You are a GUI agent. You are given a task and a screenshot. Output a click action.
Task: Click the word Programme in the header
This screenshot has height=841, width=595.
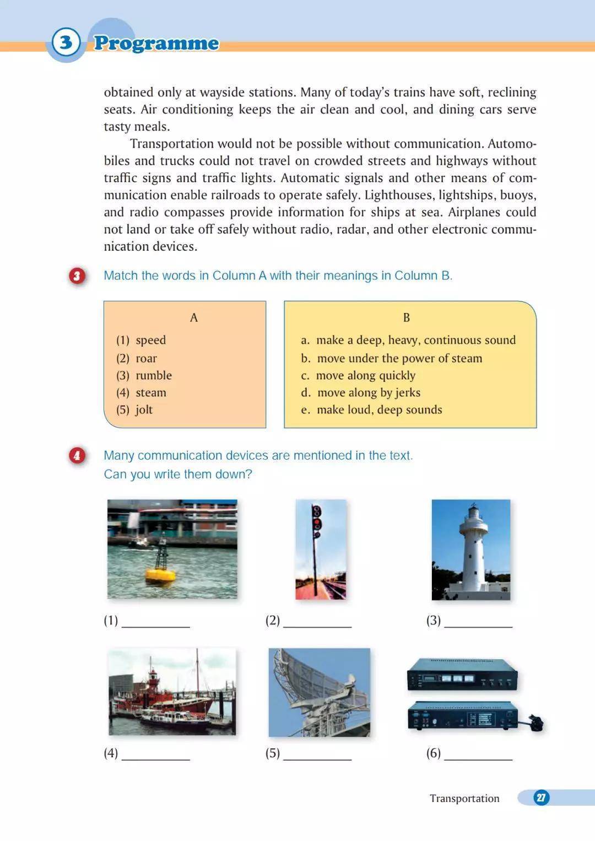click(x=156, y=43)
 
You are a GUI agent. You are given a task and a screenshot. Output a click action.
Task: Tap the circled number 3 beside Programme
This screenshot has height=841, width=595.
click(x=66, y=42)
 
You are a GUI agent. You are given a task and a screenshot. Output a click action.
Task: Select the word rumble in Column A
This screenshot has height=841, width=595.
click(x=154, y=375)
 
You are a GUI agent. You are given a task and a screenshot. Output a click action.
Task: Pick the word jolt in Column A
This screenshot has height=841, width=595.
click(x=144, y=409)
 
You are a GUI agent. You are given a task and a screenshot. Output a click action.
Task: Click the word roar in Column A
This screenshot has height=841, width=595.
click(x=146, y=358)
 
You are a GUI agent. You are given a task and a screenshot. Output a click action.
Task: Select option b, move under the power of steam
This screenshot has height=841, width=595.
click(x=392, y=358)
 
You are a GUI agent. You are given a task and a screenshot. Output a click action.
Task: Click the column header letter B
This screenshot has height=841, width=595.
click(x=407, y=317)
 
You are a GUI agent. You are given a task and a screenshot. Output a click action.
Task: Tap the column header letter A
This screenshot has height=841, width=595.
click(x=193, y=317)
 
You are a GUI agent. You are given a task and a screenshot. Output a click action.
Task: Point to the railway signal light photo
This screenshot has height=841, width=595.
click(x=321, y=549)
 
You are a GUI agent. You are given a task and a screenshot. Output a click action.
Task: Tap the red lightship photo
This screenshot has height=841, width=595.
click(x=172, y=692)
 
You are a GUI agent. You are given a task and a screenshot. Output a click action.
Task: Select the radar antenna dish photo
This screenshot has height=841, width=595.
click(x=320, y=692)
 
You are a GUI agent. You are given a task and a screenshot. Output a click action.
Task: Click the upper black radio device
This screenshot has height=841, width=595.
click(x=462, y=674)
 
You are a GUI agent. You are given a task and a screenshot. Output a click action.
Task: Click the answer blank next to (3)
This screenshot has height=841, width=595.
click(x=478, y=622)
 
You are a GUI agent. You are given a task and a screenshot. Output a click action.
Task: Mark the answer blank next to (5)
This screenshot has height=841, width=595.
click(x=317, y=754)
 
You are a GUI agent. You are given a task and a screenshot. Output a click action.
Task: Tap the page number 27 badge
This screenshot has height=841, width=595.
click(x=541, y=797)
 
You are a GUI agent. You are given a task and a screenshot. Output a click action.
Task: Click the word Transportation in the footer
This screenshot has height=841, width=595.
click(x=464, y=799)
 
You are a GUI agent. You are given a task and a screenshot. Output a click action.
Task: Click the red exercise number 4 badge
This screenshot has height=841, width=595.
click(x=77, y=456)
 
